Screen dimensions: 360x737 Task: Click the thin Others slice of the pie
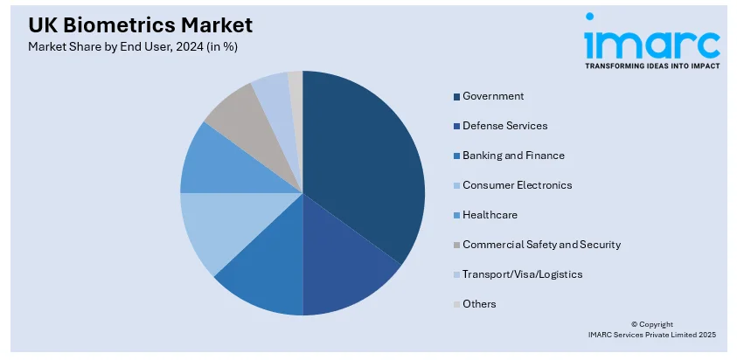pos(296,81)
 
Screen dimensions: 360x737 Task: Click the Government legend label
pos(493,96)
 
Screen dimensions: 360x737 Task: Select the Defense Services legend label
pos(505,126)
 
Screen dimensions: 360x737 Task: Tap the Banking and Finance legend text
pos(513,156)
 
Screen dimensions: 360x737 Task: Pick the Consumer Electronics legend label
pos(518,185)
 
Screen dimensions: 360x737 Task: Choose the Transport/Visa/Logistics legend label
pos(522,274)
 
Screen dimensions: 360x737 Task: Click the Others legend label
pos(479,304)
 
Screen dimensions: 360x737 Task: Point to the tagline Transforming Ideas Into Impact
pos(651,66)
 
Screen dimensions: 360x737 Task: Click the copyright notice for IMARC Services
pos(651,329)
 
